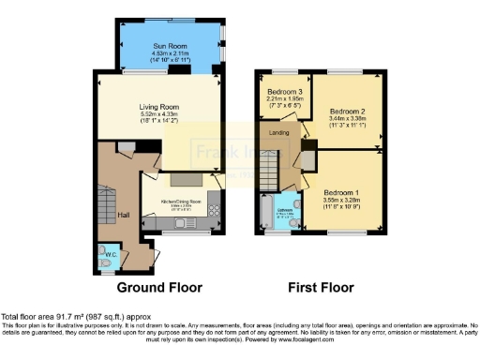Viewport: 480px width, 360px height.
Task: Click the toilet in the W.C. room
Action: pyautogui.click(x=104, y=253)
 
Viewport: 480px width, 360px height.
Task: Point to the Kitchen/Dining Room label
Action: pyautogui.click(x=180, y=202)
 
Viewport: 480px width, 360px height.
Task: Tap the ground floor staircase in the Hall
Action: pyautogui.click(x=104, y=202)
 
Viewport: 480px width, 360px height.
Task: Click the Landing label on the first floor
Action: pyautogui.click(x=278, y=132)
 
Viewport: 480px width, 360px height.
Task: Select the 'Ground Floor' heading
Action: pyautogui.click(x=158, y=287)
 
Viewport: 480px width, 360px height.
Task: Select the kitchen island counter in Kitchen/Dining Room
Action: pyautogui.click(x=185, y=179)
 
